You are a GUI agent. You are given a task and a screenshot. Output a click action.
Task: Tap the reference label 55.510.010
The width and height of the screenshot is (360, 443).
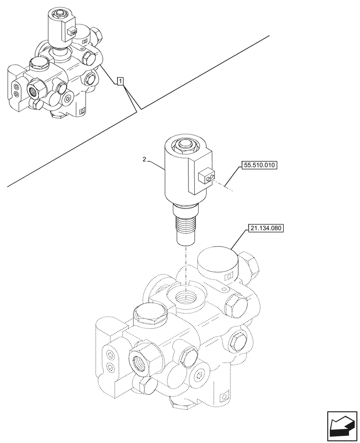coord(259,166)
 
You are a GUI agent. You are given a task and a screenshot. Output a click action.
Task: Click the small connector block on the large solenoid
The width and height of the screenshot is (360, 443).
coord(205,176)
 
